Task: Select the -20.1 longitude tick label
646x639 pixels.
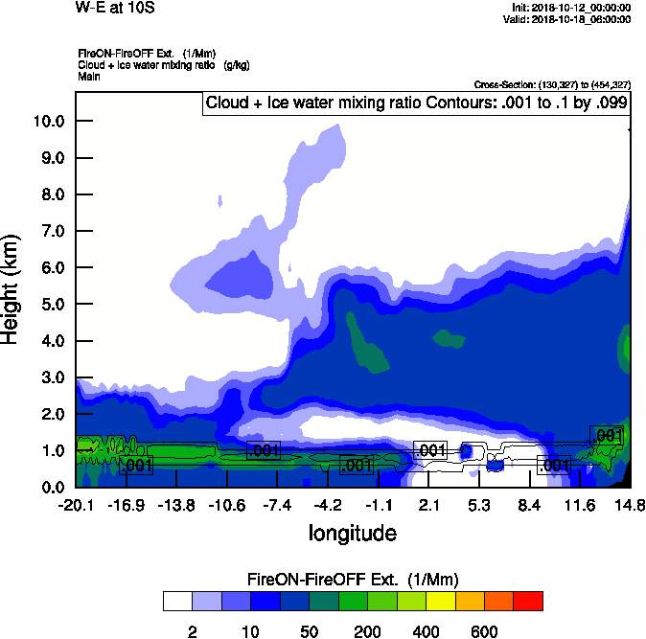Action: pos(75,505)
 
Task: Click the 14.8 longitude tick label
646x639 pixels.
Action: pos(630,505)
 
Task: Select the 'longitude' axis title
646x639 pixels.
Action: pos(352,532)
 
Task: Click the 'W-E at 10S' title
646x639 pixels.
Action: pos(114,8)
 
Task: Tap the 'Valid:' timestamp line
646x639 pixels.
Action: pos(569,18)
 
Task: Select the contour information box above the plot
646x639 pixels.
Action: pos(415,103)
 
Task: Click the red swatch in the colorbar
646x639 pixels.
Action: pos(527,601)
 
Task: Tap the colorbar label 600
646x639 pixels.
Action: pos(484,631)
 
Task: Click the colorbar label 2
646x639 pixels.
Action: pos(192,631)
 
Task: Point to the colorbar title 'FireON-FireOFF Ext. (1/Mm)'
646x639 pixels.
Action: pos(352,580)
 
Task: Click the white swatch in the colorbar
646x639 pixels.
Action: pos(176,601)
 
